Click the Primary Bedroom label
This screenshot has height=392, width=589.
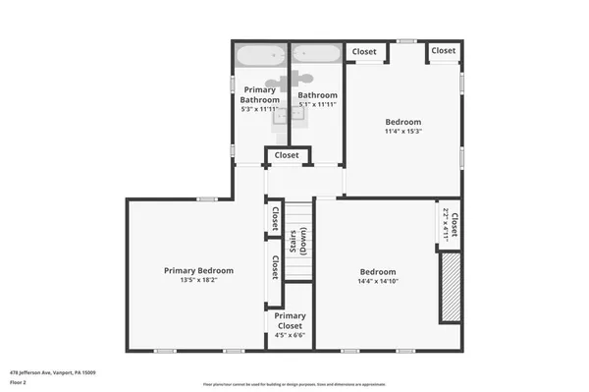(x=198, y=270)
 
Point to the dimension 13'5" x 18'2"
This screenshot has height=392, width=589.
(x=198, y=280)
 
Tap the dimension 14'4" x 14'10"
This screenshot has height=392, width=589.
(x=378, y=282)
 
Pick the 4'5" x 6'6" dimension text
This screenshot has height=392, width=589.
(x=291, y=335)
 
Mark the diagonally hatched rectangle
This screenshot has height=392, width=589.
(x=450, y=286)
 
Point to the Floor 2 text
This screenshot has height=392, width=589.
(x=19, y=382)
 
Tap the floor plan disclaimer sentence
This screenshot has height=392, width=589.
(x=294, y=383)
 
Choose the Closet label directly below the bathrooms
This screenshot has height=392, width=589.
(x=287, y=155)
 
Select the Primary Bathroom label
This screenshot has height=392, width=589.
(x=260, y=94)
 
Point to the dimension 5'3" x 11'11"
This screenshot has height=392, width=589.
(x=260, y=109)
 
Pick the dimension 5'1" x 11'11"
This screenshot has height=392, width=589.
(x=318, y=104)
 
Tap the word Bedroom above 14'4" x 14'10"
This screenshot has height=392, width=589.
(x=378, y=272)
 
